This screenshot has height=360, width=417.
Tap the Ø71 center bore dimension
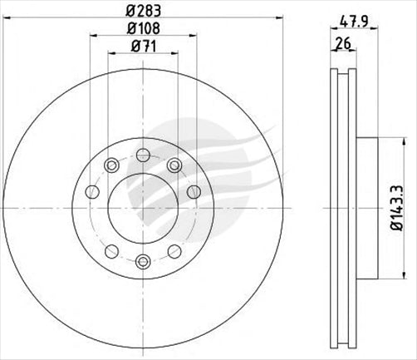(142, 48)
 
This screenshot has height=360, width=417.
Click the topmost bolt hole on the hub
(142, 154)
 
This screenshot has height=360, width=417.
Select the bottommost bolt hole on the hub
(142, 263)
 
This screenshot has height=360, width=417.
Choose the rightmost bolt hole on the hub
(194, 193)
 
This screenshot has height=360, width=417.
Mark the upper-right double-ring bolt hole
(174, 166)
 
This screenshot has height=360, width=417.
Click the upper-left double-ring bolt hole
(110, 166)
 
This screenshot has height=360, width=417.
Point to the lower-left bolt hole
(110, 250)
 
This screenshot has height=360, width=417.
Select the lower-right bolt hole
(174, 250)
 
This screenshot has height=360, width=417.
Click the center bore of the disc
(142, 208)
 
